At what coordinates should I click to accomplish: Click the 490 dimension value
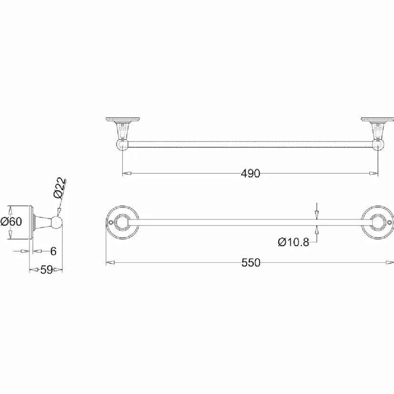click(250, 173)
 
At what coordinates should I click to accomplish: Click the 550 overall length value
click(251, 263)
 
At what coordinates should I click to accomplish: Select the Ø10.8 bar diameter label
click(294, 242)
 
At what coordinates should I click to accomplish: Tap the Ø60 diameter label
click(11, 221)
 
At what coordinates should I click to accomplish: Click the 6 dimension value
click(53, 251)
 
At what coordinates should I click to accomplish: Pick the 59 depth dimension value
click(47, 270)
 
